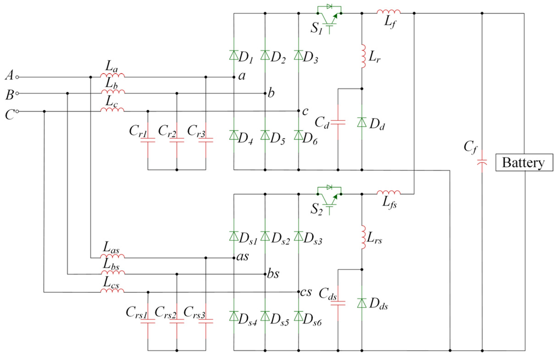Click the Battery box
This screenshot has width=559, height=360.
pyautogui.click(x=523, y=163)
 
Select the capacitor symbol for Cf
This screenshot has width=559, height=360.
pyautogui.click(x=483, y=162)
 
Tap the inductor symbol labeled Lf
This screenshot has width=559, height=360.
pyautogui.click(x=389, y=11)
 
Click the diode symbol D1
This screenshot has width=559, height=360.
pyautogui.click(x=234, y=55)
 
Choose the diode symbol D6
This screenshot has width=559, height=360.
pyautogui.click(x=299, y=135)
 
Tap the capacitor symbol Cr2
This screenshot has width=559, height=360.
pyautogui.click(x=177, y=140)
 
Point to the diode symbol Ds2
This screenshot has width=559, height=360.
pyautogui.click(x=265, y=236)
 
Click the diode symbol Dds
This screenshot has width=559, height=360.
pyautogui.click(x=361, y=303)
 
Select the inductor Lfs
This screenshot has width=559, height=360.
pyautogui.click(x=389, y=192)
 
